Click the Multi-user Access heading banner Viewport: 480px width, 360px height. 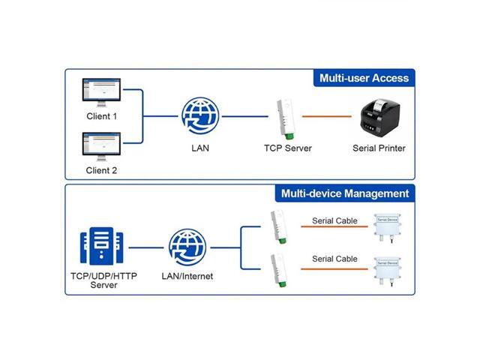[364, 78]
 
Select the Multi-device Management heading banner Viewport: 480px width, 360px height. [345, 193]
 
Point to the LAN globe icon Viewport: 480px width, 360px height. [200, 116]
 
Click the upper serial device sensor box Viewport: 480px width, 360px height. [387, 227]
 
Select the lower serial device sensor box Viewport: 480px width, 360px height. [387, 270]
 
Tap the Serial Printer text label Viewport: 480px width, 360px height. [379, 148]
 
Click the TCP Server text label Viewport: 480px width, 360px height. [287, 148]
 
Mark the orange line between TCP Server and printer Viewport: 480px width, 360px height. [326, 116]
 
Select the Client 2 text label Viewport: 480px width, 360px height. [101, 170]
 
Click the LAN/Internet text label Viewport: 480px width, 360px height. [187, 276]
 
